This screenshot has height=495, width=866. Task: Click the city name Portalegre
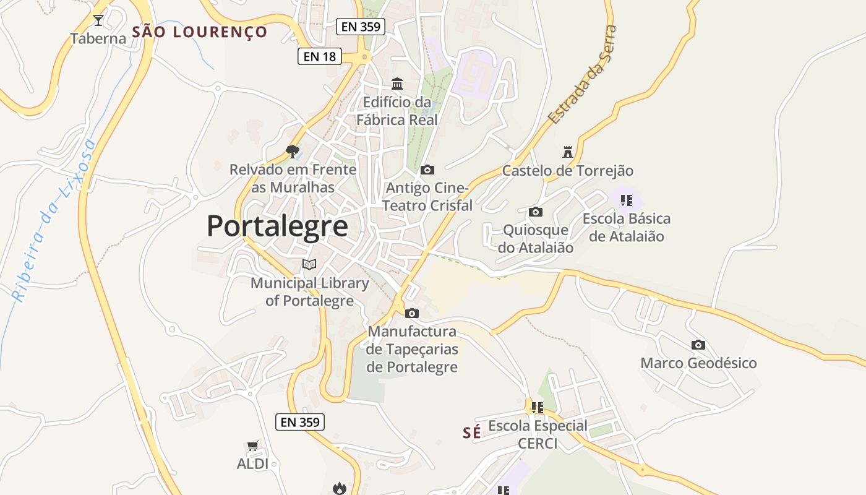click(x=277, y=226)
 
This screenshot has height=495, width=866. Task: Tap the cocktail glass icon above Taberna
click(x=98, y=20)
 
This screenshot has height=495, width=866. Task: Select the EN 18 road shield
click(x=320, y=56)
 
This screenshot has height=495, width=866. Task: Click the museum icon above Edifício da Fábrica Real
click(x=397, y=84)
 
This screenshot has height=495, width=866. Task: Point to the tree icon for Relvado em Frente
click(x=293, y=151)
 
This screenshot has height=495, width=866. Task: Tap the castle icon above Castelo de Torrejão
click(x=567, y=152)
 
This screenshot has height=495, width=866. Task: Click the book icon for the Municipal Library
click(x=309, y=265)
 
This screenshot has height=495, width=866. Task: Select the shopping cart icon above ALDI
click(x=252, y=445)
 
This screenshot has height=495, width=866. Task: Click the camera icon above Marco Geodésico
click(x=698, y=345)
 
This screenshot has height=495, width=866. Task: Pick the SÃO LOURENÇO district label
click(x=200, y=32)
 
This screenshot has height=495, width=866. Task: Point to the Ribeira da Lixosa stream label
click(x=54, y=220)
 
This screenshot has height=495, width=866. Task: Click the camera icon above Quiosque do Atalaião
click(x=536, y=212)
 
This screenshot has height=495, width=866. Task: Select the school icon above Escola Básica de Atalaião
click(x=627, y=200)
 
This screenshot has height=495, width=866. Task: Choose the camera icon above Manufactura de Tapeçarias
click(x=412, y=313)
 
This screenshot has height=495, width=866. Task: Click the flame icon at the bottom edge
click(x=339, y=488)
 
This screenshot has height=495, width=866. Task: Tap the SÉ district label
click(x=472, y=433)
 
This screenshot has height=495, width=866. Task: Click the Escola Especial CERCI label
click(x=538, y=434)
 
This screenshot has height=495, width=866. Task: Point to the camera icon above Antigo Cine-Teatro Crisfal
click(x=427, y=170)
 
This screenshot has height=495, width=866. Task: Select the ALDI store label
click(x=252, y=463)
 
